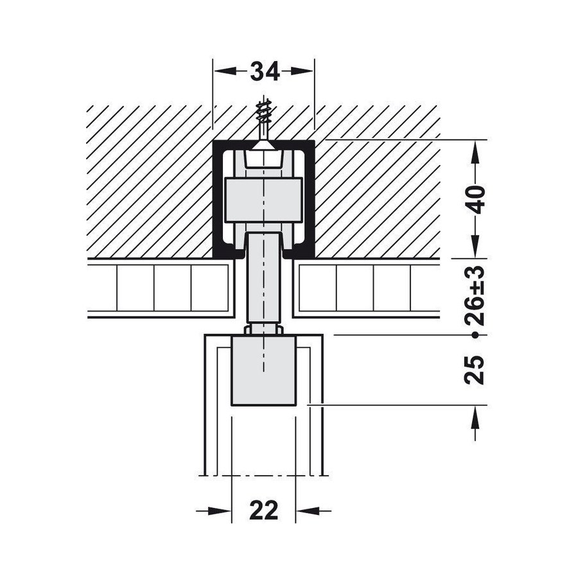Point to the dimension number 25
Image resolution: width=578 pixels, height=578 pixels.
[x=475, y=369]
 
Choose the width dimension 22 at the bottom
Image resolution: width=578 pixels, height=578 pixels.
[x=263, y=511]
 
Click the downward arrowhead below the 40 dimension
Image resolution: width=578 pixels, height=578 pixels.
[x=475, y=247]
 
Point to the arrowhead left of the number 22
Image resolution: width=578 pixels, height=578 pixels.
[x=221, y=511]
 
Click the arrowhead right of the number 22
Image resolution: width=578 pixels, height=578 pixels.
[x=306, y=511]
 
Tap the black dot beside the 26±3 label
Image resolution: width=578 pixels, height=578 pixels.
[x=475, y=335]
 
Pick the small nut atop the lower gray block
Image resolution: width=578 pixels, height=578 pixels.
[x=263, y=329]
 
